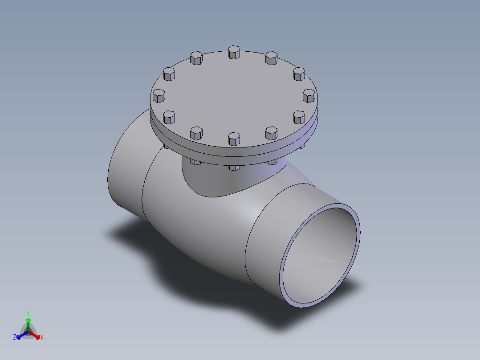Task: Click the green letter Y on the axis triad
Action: click(28, 313)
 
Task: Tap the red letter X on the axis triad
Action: click(42, 338)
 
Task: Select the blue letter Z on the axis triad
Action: click(15, 338)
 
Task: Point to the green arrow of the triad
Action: click(28, 321)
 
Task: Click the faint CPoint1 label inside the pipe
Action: click(327, 259)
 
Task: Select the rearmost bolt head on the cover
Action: click(234, 52)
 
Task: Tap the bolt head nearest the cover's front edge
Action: click(234, 138)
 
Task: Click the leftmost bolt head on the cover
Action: click(159, 95)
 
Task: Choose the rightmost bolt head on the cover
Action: click(309, 95)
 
